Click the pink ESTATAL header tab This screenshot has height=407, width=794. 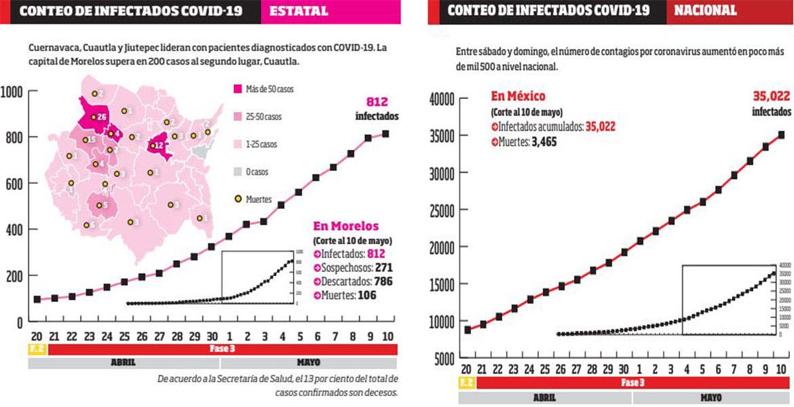pyautogui.click(x=299, y=11)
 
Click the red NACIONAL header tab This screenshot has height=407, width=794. pyautogui.click(x=706, y=11)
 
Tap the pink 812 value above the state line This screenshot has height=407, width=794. pyautogui.click(x=376, y=102)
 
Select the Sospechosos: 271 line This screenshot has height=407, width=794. pyautogui.click(x=353, y=267)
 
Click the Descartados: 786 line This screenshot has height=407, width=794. pyautogui.click(x=353, y=281)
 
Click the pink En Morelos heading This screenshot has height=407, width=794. pyautogui.click(x=345, y=227)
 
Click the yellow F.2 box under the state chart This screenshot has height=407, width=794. pyautogui.click(x=37, y=349)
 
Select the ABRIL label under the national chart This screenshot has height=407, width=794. pyautogui.click(x=545, y=398)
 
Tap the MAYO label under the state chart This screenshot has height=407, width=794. pyautogui.click(x=309, y=363)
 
